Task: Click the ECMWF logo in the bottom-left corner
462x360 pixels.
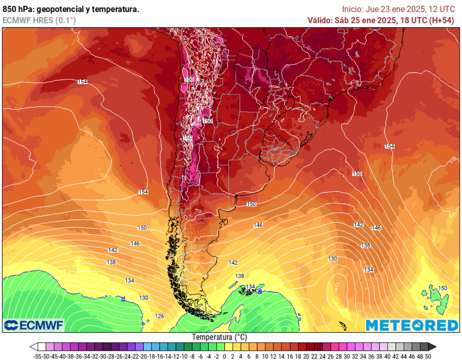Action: coord(34,325)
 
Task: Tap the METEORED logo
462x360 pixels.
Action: coord(411,325)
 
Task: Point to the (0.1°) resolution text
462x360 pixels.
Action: coord(65,20)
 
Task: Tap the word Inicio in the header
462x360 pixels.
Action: coord(352,9)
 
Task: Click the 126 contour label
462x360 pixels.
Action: coord(160,316)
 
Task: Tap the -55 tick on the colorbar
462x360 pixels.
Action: coord(38,356)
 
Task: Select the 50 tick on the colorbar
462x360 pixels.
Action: coord(428,356)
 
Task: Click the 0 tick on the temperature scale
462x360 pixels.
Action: coord(224,356)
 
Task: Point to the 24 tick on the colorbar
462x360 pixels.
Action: coord(322,356)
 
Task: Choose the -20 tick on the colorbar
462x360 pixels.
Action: coord(143,356)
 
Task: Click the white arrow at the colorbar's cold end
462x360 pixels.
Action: coord(33,346)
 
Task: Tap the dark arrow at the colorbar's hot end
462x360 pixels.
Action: coord(432,346)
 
